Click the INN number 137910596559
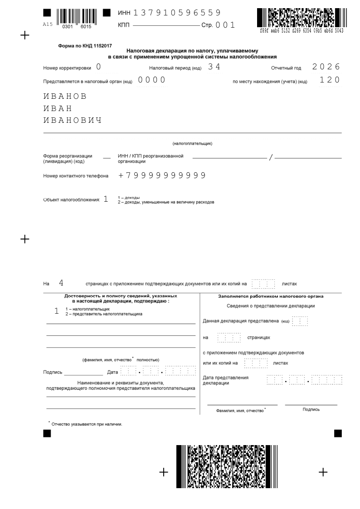(177, 13)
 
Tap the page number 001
(225, 25)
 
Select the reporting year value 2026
(326, 67)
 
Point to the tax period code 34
(214, 67)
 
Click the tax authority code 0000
(152, 80)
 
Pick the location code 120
(330, 80)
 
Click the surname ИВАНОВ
(65, 97)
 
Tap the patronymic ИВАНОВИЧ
(73, 121)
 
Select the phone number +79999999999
(162, 175)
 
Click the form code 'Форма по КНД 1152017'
(85, 46)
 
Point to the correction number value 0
(99, 67)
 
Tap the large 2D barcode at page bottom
(227, 466)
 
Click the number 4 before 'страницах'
(61, 283)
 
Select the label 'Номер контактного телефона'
(76, 176)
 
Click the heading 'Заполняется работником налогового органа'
(271, 296)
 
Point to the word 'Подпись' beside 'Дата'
(53, 372)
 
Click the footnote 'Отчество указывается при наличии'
(87, 424)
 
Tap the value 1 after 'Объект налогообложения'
(106, 199)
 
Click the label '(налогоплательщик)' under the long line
(192, 144)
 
